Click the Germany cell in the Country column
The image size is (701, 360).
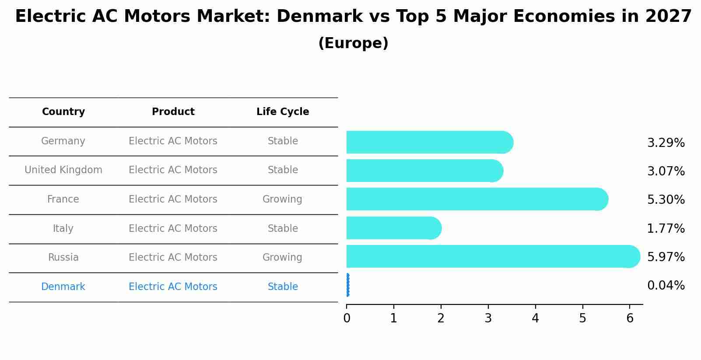click(x=63, y=141)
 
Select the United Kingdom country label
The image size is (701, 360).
click(x=63, y=170)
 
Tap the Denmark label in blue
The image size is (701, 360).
click(x=63, y=287)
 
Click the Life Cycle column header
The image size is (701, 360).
click(x=283, y=112)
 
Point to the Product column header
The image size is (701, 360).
click(x=173, y=112)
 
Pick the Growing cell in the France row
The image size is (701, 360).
click(x=282, y=199)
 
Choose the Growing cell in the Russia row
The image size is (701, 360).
click(x=282, y=258)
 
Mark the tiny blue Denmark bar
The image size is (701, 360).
click(x=347, y=285)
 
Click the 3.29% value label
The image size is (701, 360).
click(x=666, y=143)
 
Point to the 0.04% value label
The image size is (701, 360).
click(x=666, y=286)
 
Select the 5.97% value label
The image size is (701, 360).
click(x=666, y=257)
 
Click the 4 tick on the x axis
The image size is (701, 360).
click(x=535, y=318)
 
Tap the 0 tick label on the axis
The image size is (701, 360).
click(x=347, y=318)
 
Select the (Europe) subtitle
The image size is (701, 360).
click(x=353, y=43)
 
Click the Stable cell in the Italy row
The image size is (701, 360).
click(x=283, y=229)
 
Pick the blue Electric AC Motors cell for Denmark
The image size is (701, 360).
click(x=173, y=287)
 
